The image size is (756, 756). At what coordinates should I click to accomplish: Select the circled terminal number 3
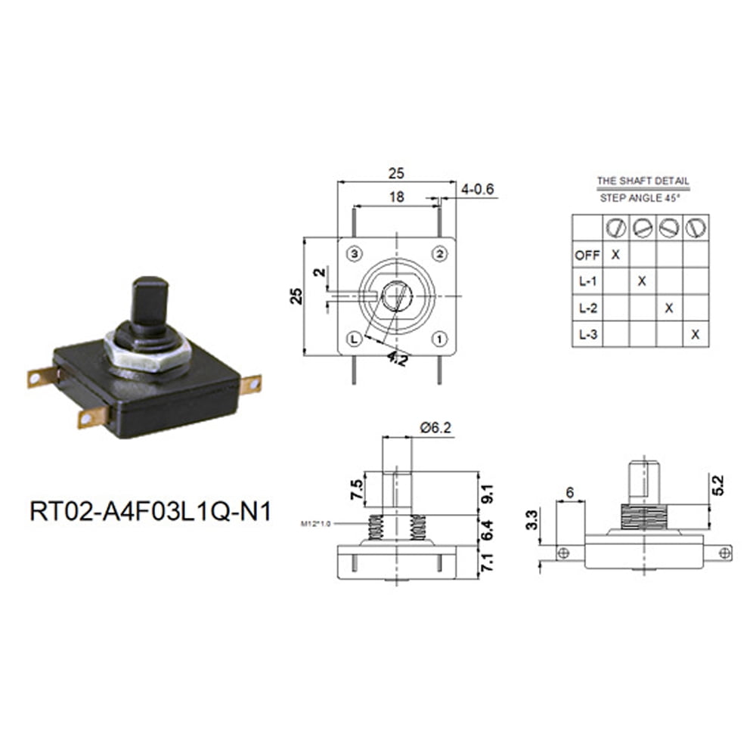[x=353, y=253]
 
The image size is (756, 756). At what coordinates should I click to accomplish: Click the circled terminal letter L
[x=353, y=339]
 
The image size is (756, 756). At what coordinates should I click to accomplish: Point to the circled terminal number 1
[x=439, y=339]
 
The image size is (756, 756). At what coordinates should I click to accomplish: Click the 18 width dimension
[x=396, y=197]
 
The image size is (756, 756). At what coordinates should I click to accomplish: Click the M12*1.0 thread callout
[x=316, y=522]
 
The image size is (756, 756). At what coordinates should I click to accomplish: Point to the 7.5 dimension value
[x=355, y=489]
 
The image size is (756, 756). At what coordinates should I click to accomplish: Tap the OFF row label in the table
[x=587, y=255]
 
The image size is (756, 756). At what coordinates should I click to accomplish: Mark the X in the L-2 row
[x=668, y=307]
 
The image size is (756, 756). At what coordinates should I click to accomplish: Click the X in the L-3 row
[x=695, y=333]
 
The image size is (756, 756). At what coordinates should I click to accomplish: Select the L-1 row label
[x=587, y=281]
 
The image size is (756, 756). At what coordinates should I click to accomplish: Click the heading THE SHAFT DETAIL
[x=643, y=181]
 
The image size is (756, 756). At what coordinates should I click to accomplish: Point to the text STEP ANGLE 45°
[x=640, y=197]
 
